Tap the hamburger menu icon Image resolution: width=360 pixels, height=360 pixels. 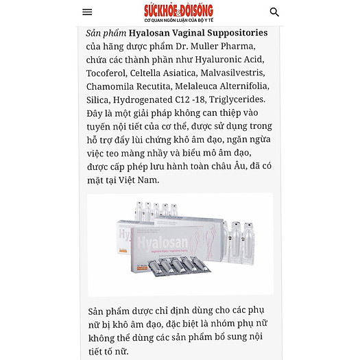pos(87,12)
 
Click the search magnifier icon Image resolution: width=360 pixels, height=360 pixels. pos(274,12)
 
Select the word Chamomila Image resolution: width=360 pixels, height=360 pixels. pos(110,86)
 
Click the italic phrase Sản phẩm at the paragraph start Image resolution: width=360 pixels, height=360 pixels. pos(106,33)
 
